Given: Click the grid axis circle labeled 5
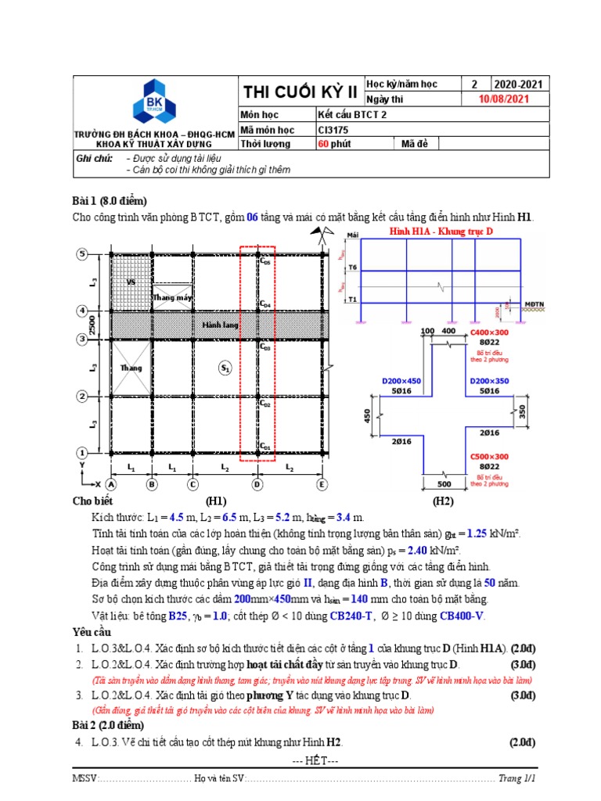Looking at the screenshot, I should (x=81, y=253).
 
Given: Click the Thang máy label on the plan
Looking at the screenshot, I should (x=171, y=297).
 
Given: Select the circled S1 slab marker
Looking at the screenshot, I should (x=225, y=367).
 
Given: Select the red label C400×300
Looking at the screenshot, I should (x=489, y=332).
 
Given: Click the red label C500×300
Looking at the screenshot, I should (x=489, y=456).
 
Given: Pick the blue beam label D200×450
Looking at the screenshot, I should (x=401, y=380).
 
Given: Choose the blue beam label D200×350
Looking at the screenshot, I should (x=489, y=380).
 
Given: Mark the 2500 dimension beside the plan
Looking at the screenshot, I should (x=92, y=325).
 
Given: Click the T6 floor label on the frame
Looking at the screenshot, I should (x=352, y=268).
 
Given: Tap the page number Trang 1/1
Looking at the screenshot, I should (x=520, y=779).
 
